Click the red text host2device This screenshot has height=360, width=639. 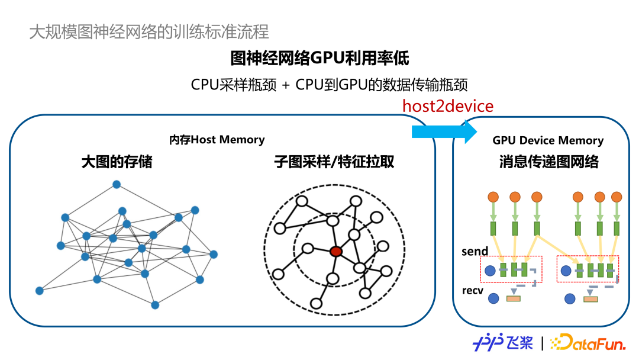(x=448, y=107)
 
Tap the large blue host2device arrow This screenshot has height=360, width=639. (x=444, y=131)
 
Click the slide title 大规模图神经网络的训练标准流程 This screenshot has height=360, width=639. (x=149, y=31)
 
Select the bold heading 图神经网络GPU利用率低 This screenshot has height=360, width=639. (x=319, y=59)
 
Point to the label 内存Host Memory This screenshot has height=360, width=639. (x=217, y=140)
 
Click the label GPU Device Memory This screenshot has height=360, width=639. (x=548, y=140)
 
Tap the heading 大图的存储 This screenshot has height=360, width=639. (x=117, y=162)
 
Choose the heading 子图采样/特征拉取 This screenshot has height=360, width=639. (x=334, y=162)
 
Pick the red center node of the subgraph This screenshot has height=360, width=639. (x=336, y=251)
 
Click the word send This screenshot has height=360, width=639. (x=475, y=252)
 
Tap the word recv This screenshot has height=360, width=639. (x=474, y=291)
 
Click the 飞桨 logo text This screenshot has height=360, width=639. (x=519, y=342)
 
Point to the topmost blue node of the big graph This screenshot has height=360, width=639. (x=117, y=185)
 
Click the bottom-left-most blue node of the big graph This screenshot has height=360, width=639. (x=40, y=291)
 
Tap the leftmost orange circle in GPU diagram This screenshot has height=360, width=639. (x=493, y=197)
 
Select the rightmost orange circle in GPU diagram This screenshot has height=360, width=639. (x=617, y=197)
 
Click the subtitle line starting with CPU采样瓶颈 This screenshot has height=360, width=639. (x=330, y=85)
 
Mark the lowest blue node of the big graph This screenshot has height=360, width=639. (x=155, y=305)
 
